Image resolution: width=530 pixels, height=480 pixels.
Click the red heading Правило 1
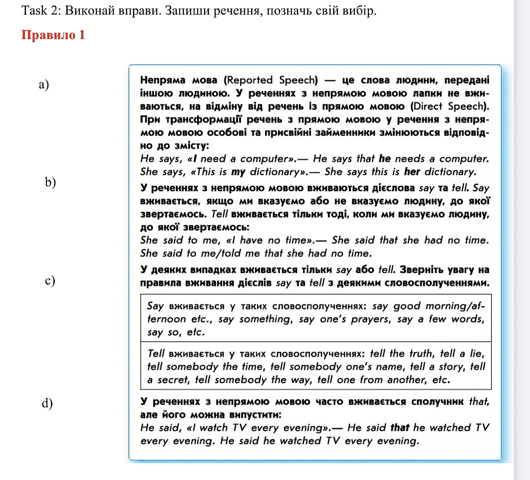(53, 35)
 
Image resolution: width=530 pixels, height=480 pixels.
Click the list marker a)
(44, 84)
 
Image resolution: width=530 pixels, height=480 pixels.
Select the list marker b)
(50, 182)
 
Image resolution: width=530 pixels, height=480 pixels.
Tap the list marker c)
(49, 280)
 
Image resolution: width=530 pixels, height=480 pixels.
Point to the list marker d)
(47, 403)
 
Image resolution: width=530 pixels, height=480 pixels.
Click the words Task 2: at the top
(39, 10)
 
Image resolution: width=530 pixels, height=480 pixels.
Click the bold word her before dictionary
(411, 172)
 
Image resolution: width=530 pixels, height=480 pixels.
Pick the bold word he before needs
(385, 159)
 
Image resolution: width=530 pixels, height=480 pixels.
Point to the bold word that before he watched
(400, 428)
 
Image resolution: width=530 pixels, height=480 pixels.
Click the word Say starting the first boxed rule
(156, 306)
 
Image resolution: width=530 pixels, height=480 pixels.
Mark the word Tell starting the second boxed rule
(157, 354)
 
